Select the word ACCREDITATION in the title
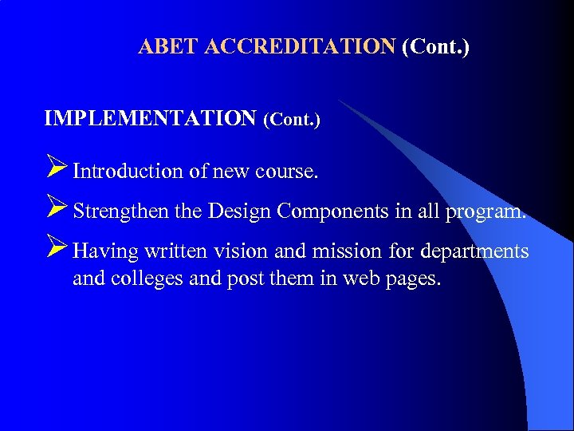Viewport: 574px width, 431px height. tap(300, 46)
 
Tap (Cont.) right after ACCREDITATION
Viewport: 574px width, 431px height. tap(436, 46)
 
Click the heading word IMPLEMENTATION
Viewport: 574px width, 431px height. tap(151, 119)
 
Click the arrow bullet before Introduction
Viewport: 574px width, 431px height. tap(57, 168)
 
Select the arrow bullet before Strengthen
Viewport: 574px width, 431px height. tap(57, 210)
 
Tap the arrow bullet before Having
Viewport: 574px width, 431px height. tap(57, 250)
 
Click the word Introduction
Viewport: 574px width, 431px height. tap(128, 171)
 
